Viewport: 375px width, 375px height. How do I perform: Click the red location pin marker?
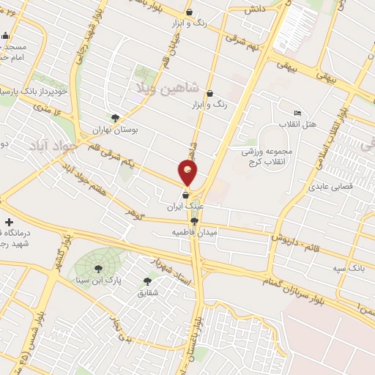coord(187,173)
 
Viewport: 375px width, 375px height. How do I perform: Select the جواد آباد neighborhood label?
coord(53,146)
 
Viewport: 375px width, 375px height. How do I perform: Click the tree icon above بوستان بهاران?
coord(115,117)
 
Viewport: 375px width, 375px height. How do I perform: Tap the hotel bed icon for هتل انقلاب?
coord(297,114)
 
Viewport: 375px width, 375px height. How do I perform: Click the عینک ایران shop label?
coord(185,207)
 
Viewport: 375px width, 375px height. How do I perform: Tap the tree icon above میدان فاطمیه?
coord(194,221)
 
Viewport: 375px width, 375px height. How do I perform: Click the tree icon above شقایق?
coord(148,281)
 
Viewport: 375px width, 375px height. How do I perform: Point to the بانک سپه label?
coord(347,269)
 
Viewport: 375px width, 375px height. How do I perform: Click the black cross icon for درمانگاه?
coord(9,222)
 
